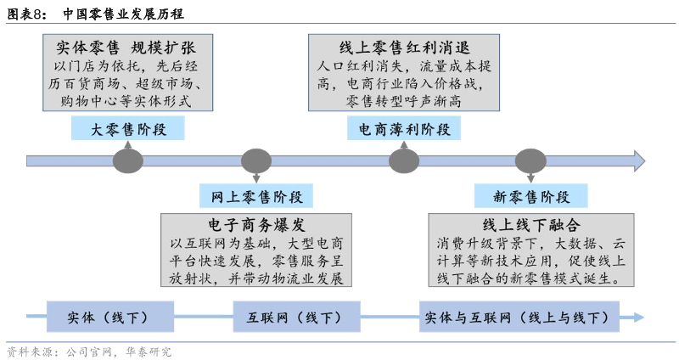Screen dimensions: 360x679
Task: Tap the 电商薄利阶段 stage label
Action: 404,129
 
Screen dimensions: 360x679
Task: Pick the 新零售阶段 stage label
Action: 531,197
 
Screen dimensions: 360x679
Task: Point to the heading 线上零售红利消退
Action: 404,47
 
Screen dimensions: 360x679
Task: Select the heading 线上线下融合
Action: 531,225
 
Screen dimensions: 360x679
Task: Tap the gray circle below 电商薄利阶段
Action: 404,160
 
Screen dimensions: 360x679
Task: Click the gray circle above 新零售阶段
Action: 531,160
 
